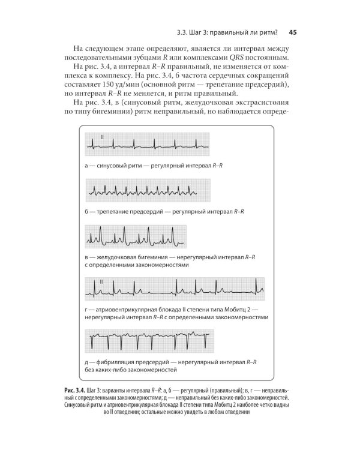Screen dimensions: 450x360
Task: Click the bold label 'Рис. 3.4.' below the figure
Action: (x=77, y=389)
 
